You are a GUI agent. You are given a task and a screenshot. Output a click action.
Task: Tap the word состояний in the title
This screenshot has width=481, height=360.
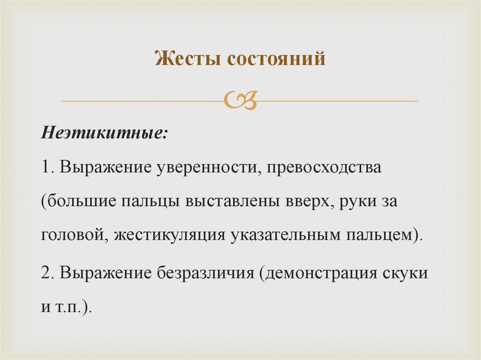click(x=277, y=60)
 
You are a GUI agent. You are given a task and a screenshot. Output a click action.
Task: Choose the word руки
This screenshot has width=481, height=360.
click(x=360, y=203)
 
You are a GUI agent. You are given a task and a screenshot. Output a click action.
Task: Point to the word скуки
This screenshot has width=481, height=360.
click(x=408, y=273)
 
